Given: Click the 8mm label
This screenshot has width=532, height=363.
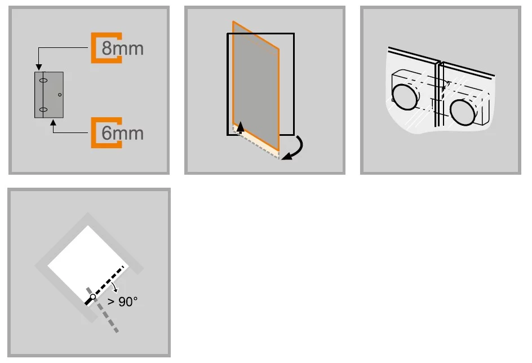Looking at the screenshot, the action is click(122, 48).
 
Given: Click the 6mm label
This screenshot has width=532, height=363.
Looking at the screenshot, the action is click(122, 133).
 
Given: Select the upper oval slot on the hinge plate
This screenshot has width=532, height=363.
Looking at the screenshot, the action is click(43, 81).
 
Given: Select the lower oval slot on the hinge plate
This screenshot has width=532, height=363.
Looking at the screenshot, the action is click(43, 109).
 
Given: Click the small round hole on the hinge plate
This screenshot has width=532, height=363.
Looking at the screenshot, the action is click(60, 95).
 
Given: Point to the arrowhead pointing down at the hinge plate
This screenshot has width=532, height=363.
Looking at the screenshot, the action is click(39, 67).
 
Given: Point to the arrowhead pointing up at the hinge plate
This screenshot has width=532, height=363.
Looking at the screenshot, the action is click(53, 122).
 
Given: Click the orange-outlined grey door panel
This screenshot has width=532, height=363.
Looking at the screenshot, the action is click(256, 86).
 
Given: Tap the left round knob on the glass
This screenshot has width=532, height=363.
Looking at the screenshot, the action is click(405, 97).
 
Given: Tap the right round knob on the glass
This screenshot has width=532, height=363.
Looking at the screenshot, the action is click(463, 112).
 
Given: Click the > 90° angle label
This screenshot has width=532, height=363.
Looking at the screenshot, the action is click(122, 302).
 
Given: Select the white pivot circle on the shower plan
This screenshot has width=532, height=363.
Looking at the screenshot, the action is click(93, 296).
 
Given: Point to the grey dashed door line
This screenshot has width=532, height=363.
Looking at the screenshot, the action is click(102, 310).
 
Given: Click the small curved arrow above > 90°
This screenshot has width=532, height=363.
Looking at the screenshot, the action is click(115, 287).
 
